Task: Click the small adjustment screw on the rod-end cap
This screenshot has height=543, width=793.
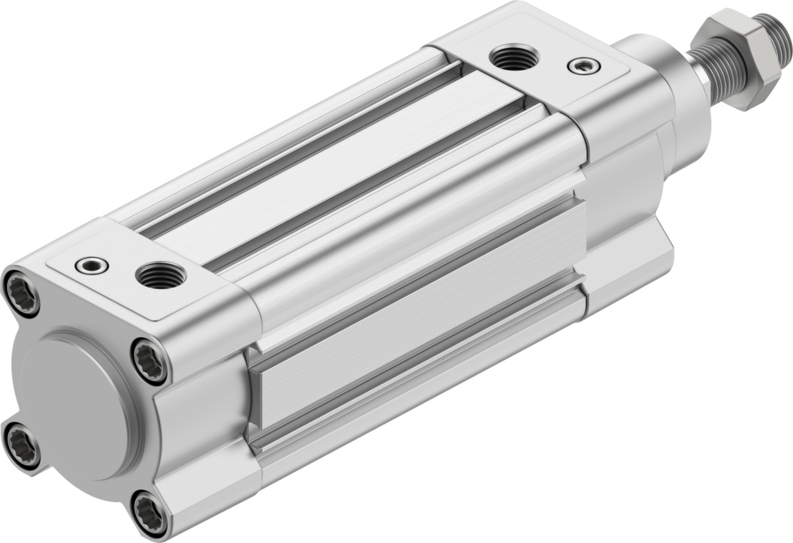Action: pyautogui.click(x=583, y=66)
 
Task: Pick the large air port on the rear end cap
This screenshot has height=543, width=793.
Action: pyautogui.click(x=159, y=275)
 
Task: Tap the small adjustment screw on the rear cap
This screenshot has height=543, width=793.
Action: pyautogui.click(x=93, y=265)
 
